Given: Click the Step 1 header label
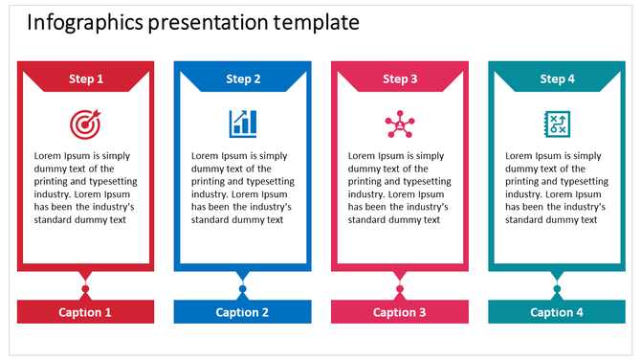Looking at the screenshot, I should click(x=86, y=79).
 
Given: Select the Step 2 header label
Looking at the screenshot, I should click(x=243, y=79).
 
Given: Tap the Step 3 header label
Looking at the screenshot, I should click(x=400, y=79).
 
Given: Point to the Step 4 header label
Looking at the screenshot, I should click(x=557, y=79).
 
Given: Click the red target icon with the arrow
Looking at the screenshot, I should click(x=84, y=124).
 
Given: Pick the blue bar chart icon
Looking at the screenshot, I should click(x=242, y=124).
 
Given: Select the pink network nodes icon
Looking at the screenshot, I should click(x=399, y=124).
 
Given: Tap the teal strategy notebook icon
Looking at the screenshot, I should click(x=556, y=124).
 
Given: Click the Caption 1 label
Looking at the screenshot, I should click(x=85, y=312).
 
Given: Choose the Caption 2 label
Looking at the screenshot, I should click(x=242, y=312).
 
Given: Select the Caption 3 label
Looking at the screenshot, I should click(x=399, y=312).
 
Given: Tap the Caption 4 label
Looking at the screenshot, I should click(x=556, y=312).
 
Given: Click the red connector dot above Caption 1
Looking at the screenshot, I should click(x=85, y=289).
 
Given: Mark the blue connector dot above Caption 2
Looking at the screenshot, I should click(x=242, y=289).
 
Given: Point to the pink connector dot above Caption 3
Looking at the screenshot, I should click(x=399, y=289).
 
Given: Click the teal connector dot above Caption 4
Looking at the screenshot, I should click(x=556, y=289).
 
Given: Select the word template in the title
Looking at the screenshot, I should click(x=317, y=22).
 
